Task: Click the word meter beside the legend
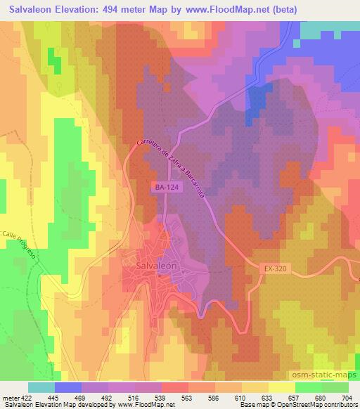click(8, 397)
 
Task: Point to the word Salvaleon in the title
click(35, 10)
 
